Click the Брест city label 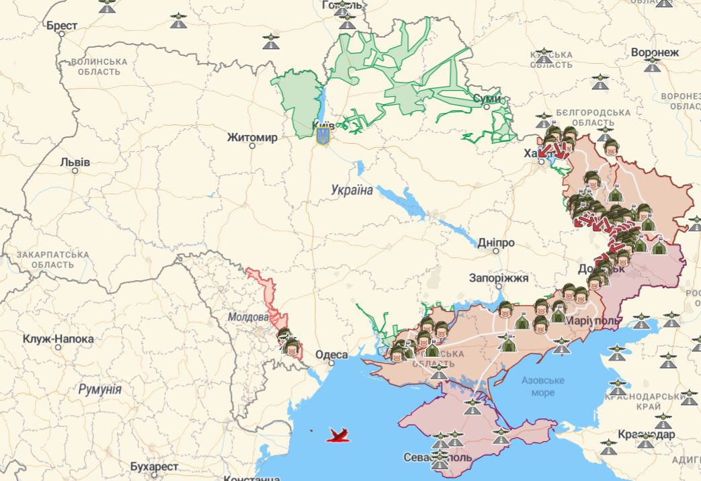[62, 26]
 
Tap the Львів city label [75, 162]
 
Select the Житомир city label [251, 138]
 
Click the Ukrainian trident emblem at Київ [323, 135]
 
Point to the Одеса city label [331, 355]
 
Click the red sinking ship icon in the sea [340, 435]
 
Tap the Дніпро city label [496, 243]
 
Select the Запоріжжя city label [499, 277]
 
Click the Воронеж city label [655, 52]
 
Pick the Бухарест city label [155, 466]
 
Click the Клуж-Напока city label [58, 339]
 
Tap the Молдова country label [248, 317]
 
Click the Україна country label [352, 190]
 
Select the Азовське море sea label [542, 386]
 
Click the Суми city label [487, 99]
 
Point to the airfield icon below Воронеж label [652, 65]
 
